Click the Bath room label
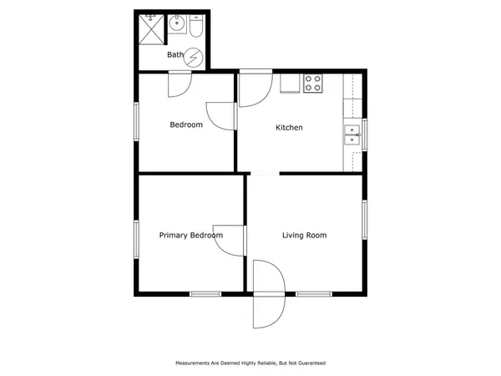pos(175,54)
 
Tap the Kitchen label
pos(289,128)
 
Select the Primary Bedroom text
pos(191,236)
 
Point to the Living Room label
pos(305,236)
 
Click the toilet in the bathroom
pos(196,26)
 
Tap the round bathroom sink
pos(177,24)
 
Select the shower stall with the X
pos(151,29)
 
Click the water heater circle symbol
pos(194,58)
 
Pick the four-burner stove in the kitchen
pos(313,83)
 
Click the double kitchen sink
pos(352,135)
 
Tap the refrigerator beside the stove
pos(290,84)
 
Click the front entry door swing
pos(269,294)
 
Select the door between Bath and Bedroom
pos(180,84)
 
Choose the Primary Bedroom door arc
pos(230,241)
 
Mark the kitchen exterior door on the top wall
pos(256,88)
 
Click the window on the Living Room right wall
pos(365,220)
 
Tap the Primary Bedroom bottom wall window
pos(205,294)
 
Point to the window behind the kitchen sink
pos(365,135)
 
